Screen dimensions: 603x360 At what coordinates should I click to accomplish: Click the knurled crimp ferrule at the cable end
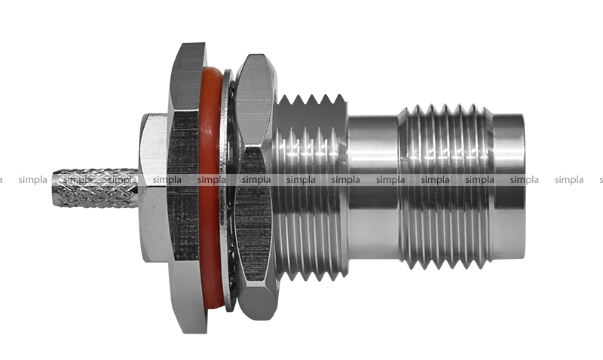95,188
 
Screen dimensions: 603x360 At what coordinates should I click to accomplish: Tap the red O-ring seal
210,188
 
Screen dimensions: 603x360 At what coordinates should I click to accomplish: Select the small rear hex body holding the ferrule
154,188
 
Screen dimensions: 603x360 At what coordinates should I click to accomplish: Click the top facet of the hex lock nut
255,100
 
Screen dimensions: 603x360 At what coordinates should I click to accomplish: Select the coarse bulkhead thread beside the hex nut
311,188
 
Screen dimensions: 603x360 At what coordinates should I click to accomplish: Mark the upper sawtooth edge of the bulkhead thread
311,100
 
